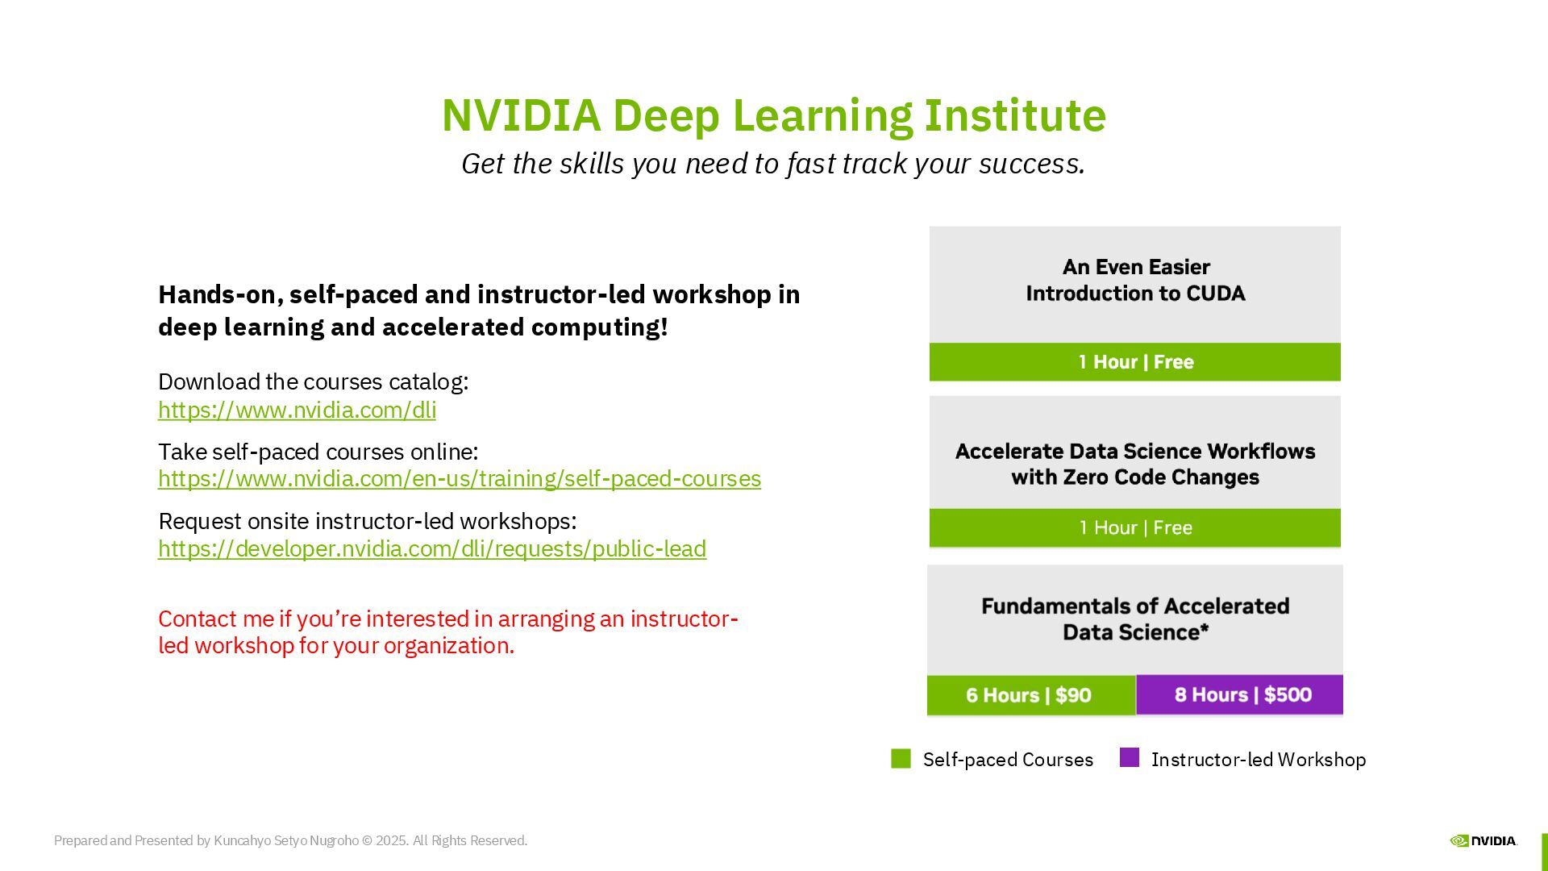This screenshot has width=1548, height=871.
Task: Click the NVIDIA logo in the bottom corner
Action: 1483,840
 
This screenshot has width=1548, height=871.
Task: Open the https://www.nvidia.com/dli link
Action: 297,410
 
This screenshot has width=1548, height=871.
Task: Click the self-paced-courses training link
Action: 459,478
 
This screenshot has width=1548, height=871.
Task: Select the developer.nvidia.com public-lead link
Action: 431,548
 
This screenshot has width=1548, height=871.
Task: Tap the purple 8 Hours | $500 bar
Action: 1240,694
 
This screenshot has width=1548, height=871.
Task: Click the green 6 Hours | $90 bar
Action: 1030,695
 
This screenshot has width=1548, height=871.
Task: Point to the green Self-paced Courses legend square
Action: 901,759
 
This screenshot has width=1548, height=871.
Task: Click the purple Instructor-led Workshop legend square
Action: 1129,758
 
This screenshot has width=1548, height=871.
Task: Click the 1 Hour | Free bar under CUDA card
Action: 1134,362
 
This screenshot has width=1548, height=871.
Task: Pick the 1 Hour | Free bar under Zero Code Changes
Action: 1134,528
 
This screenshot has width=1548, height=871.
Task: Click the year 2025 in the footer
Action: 391,840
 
